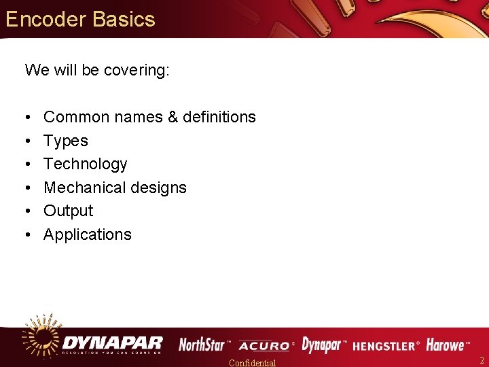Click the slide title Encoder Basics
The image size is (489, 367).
80,19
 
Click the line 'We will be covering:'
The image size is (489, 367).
97,70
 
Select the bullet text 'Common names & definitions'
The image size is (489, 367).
149,117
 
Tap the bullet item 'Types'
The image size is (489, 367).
66,141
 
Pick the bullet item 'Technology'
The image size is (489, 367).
86,164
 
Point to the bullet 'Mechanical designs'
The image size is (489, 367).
115,188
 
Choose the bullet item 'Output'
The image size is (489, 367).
68,211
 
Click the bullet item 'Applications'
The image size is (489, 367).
88,234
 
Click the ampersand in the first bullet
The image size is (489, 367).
172,117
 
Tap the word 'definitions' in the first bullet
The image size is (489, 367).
219,117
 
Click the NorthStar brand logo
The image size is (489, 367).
203,345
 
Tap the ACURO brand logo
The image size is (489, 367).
264,345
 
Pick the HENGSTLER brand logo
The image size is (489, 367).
386,345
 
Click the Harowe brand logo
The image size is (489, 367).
447,345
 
